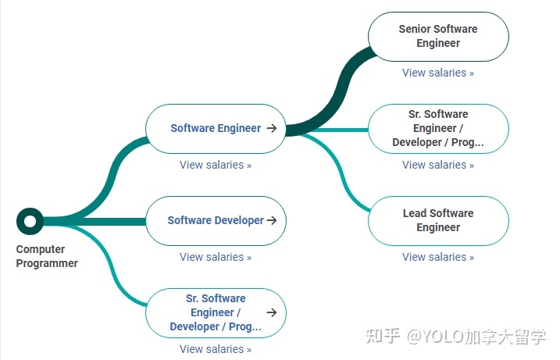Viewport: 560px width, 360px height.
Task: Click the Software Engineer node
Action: pyautogui.click(x=216, y=128)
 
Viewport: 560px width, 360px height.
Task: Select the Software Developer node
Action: pyautogui.click(x=216, y=220)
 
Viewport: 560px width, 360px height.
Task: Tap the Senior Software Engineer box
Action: pyautogui.click(x=438, y=36)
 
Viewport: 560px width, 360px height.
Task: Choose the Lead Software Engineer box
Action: pyautogui.click(x=438, y=220)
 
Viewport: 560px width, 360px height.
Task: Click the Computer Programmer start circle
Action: pyautogui.click(x=30, y=221)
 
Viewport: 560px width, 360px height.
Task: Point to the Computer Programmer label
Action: pyautogui.click(x=47, y=257)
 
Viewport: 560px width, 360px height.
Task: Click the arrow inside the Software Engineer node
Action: pyautogui.click(x=272, y=128)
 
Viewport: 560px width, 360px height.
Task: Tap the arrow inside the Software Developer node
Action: pyautogui.click(x=272, y=220)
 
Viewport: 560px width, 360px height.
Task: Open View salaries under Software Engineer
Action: pyautogui.click(x=216, y=165)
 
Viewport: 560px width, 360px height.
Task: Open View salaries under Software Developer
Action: pyautogui.click(x=216, y=257)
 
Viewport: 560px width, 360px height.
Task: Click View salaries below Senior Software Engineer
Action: pyautogui.click(x=438, y=73)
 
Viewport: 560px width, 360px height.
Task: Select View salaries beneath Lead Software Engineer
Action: pyautogui.click(x=438, y=257)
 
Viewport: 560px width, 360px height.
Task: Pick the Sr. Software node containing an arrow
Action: pyautogui.click(x=216, y=312)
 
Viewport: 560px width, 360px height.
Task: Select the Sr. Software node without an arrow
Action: pyautogui.click(x=438, y=128)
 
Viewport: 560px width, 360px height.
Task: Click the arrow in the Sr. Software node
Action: pyautogui.click(x=272, y=312)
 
